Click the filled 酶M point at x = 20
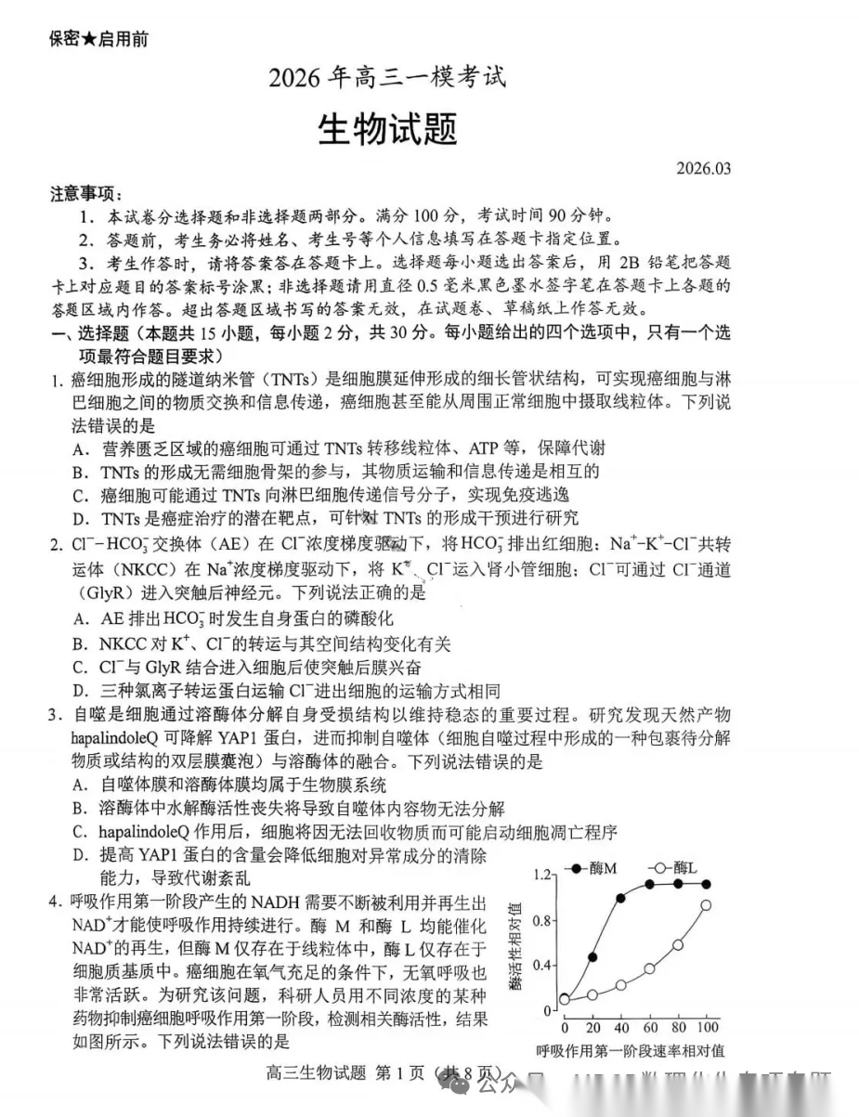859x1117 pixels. click(x=592, y=956)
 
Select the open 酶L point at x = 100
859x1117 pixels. click(x=706, y=904)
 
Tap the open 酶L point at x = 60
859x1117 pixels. click(x=649, y=968)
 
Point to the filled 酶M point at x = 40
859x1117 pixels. click(x=620, y=899)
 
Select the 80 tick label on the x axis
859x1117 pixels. click(x=679, y=1029)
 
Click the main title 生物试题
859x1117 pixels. click(x=388, y=129)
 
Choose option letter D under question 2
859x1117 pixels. click(x=80, y=690)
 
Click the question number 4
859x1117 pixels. click(x=56, y=901)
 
